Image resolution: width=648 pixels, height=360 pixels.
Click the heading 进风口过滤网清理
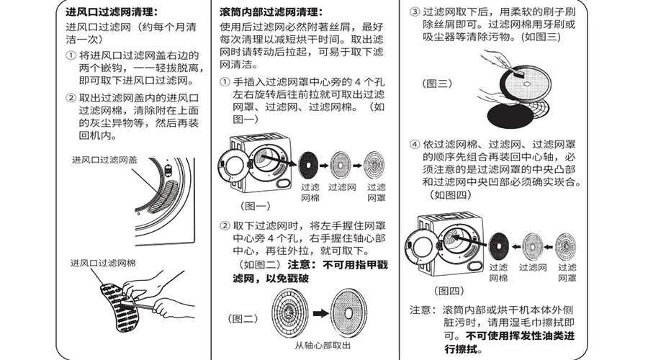coord(112,12)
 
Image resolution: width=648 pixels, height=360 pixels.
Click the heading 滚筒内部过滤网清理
coord(271,12)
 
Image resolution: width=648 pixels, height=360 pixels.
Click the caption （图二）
coord(242,318)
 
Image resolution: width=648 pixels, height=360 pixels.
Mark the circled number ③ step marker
coord(415,12)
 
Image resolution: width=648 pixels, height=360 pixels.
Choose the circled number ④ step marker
coord(415,143)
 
